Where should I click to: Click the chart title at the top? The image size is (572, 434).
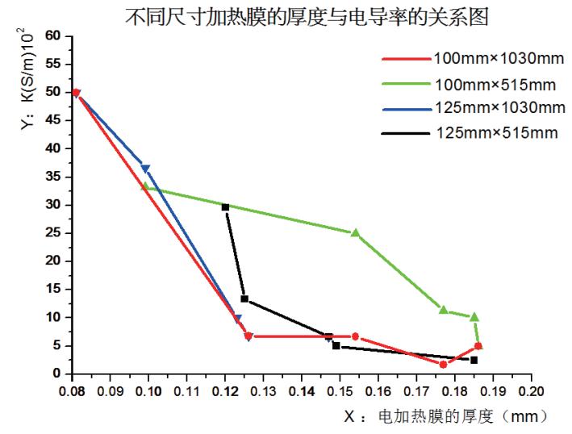coord(307,16)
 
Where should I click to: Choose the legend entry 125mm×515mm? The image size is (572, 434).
coord(485,132)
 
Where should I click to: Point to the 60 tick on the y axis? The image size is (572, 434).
coord(55,35)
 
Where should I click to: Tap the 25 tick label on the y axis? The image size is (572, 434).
coord(55,233)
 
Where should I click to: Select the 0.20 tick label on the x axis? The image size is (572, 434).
coord(531,390)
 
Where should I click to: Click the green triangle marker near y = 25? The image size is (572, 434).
coord(355,232)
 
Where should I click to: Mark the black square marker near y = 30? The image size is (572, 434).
coord(225,207)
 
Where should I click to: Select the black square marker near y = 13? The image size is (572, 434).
coord(244,299)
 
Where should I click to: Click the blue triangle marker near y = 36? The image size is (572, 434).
coord(145,169)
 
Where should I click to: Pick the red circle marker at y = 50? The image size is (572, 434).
coord(76,93)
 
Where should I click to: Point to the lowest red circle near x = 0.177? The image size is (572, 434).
coord(443,365)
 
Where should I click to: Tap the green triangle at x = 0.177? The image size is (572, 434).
coord(443,309)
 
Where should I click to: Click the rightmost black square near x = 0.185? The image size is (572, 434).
coord(474,360)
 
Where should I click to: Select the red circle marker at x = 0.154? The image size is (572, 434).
coord(355,336)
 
